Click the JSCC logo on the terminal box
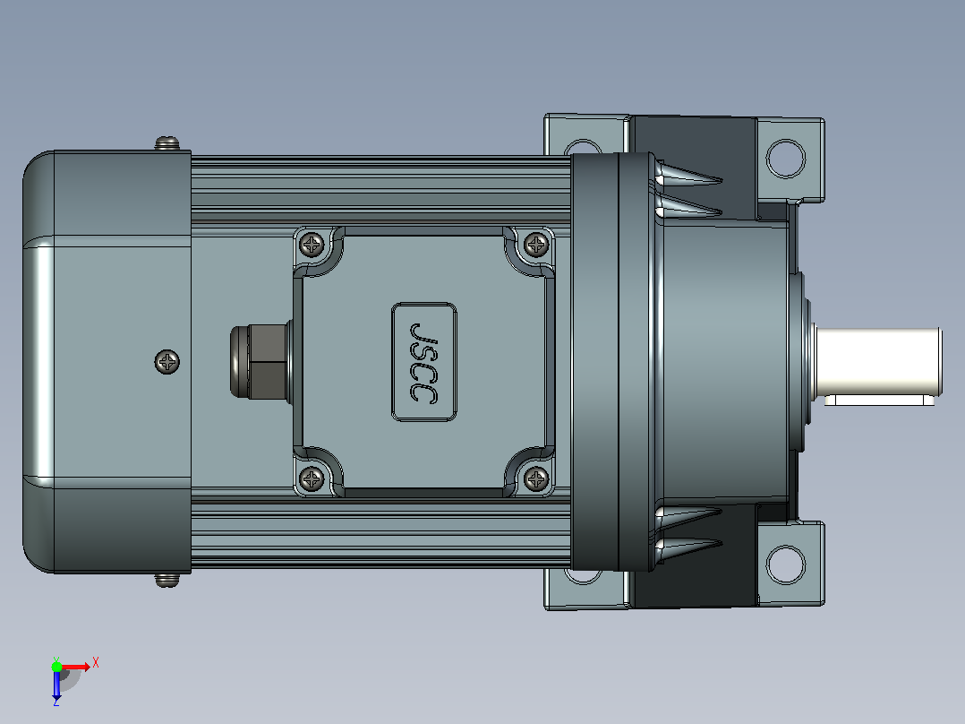(x=424, y=362)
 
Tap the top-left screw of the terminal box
(x=312, y=245)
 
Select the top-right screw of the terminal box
(x=536, y=245)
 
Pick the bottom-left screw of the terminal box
(x=312, y=478)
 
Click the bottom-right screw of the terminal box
(x=536, y=478)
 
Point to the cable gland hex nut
(x=266, y=362)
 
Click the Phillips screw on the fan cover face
(x=167, y=362)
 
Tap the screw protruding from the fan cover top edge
(x=167, y=143)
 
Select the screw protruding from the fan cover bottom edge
(x=167, y=580)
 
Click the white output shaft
(x=878, y=362)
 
